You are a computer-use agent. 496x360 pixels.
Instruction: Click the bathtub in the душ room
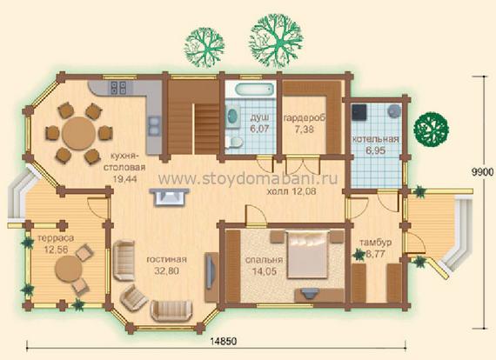tap(254, 90)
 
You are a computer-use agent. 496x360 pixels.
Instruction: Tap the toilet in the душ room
tap(234, 143)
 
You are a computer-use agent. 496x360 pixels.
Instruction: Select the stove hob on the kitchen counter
tap(118, 88)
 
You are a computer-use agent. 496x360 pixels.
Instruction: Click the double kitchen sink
tap(154, 126)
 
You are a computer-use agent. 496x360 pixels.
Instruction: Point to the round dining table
tap(78, 133)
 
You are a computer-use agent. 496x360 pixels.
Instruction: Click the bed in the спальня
tap(307, 254)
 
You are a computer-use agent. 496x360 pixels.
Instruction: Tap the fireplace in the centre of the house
tap(170, 197)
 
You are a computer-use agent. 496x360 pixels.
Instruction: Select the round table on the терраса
tap(69, 269)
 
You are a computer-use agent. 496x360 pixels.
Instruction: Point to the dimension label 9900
tap(483, 172)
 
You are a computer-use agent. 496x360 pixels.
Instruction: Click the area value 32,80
tap(167, 270)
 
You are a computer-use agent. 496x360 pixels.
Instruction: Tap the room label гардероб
tap(304, 118)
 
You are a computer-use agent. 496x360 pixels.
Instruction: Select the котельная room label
tap(375, 139)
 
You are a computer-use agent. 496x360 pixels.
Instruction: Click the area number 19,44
tap(124, 179)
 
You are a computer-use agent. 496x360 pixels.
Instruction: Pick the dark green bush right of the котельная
tap(432, 129)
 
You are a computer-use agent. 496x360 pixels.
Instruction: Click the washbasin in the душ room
tap(233, 117)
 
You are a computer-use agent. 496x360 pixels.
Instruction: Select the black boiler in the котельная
tap(360, 112)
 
